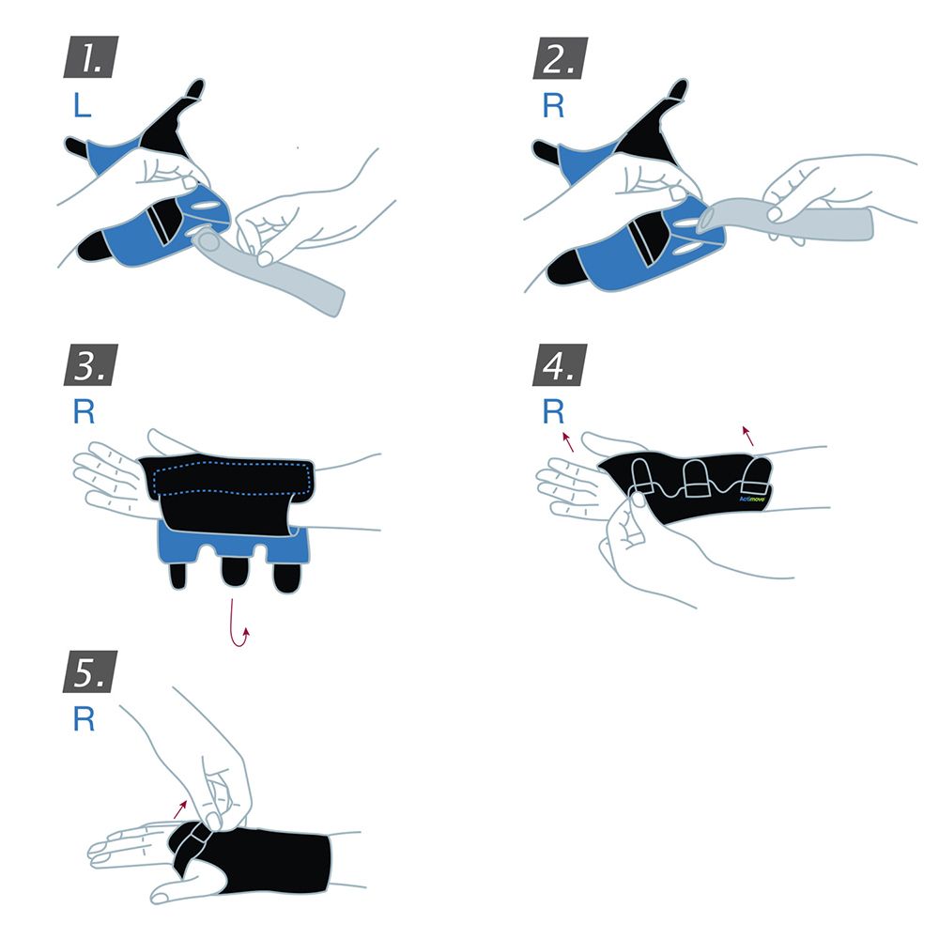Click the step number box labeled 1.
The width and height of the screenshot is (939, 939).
pos(89,58)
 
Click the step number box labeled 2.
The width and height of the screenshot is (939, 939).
pos(562,58)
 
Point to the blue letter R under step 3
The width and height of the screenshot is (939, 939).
pos(82,412)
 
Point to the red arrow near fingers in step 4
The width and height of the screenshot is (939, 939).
pos(568,441)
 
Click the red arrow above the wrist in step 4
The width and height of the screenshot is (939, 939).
pos(747,435)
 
